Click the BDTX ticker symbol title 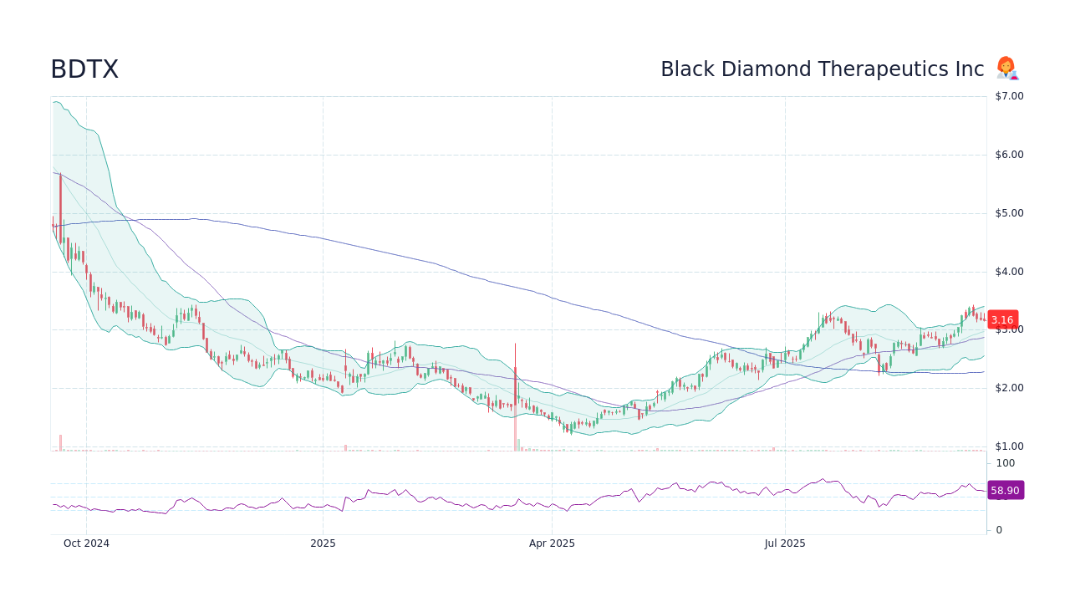(84, 69)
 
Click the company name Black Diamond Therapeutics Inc (822, 69)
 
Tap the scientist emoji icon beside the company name (1006, 69)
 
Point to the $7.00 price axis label (1009, 96)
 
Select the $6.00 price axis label (1009, 155)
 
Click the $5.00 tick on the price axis (1009, 213)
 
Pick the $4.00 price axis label (1009, 272)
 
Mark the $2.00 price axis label (1009, 388)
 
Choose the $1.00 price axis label (1009, 446)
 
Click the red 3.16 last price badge (1002, 319)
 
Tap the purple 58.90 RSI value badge (1005, 491)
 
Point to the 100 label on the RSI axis (1005, 463)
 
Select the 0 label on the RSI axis (999, 530)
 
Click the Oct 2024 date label (86, 543)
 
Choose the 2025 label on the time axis (323, 543)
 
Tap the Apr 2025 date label (552, 543)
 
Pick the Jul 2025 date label (785, 543)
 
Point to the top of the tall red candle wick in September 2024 (60, 174)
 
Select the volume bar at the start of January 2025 (345, 448)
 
